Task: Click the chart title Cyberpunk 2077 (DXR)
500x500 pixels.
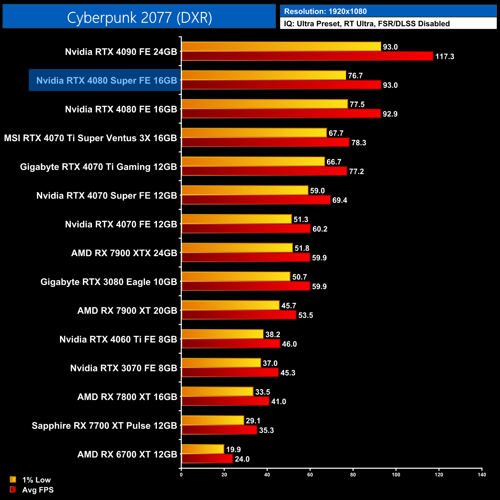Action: [x=139, y=18]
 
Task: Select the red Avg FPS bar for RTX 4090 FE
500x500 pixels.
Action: [x=307, y=56]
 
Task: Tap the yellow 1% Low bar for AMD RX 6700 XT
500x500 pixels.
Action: [x=203, y=449]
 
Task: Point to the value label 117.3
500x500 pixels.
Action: [x=445, y=57]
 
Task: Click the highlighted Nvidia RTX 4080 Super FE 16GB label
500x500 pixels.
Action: [x=106, y=80]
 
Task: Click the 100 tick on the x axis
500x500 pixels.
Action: [x=396, y=475]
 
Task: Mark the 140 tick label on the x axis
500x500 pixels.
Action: [x=482, y=475]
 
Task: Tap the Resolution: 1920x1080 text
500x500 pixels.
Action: [x=325, y=12]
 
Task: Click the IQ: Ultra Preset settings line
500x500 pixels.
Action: [x=367, y=24]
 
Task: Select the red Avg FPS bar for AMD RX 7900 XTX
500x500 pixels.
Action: [x=246, y=257]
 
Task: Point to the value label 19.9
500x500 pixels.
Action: [x=233, y=450]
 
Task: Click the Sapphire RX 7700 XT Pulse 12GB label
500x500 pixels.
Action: [x=104, y=426]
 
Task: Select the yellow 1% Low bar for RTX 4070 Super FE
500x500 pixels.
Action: [x=245, y=190]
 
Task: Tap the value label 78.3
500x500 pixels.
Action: [x=358, y=143]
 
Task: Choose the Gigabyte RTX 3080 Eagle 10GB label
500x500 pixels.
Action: [x=108, y=282]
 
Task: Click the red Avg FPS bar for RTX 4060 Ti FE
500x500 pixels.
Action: [x=231, y=344]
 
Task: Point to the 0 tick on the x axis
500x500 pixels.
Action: [x=181, y=475]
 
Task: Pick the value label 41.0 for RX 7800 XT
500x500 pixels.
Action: [x=278, y=402]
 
